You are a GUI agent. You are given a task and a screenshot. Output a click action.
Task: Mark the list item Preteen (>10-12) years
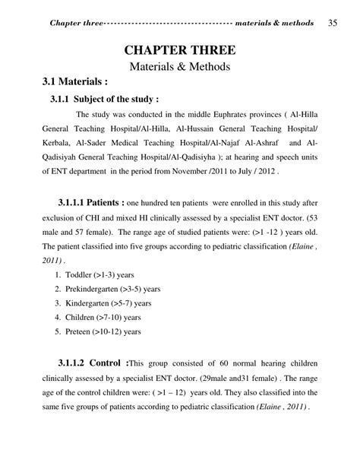click(x=103, y=331)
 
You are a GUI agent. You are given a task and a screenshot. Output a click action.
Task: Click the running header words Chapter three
click(x=74, y=22)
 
